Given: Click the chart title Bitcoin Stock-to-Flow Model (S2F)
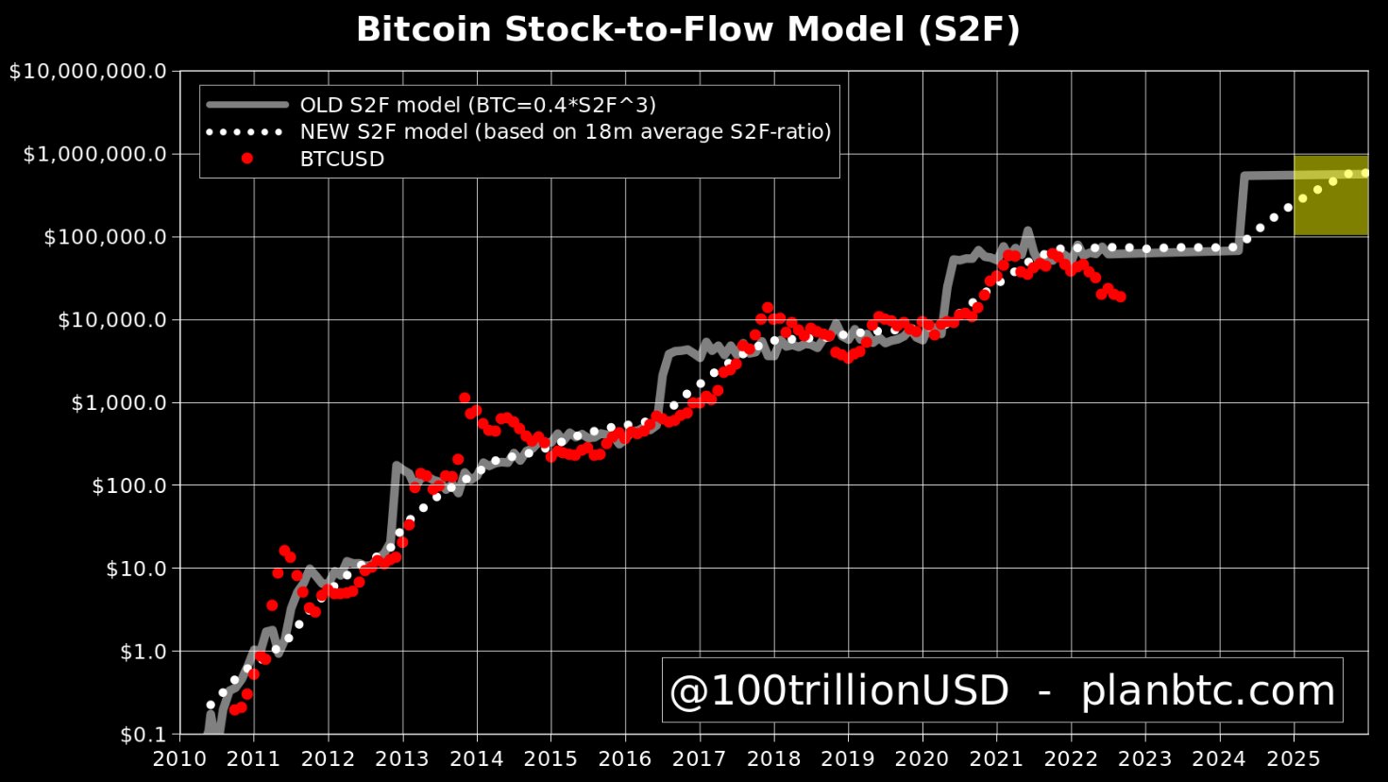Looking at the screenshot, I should click(x=687, y=30).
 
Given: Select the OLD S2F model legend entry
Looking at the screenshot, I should click(x=477, y=105).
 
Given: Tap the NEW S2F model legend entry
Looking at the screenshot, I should click(x=565, y=131).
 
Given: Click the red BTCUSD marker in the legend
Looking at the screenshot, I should click(x=247, y=159).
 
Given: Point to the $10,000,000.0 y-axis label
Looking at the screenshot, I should click(x=88, y=72).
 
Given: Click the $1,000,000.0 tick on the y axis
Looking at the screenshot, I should click(x=94, y=154).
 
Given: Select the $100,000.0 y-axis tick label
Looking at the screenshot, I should click(x=105, y=237).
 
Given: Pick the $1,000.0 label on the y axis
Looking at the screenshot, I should click(x=118, y=403).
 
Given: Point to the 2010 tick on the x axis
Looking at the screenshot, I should click(x=179, y=759).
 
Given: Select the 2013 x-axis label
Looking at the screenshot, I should click(x=402, y=759).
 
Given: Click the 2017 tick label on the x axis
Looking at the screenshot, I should click(x=700, y=759).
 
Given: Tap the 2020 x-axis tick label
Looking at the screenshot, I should click(x=922, y=759).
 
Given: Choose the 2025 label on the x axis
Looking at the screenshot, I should click(x=1294, y=759).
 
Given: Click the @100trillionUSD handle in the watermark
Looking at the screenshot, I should click(x=838, y=691).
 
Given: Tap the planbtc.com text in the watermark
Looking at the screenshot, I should click(x=1208, y=691).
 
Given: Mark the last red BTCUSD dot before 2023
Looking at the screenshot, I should click(x=1120, y=297).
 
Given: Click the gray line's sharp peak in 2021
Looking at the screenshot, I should click(x=1027, y=230).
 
